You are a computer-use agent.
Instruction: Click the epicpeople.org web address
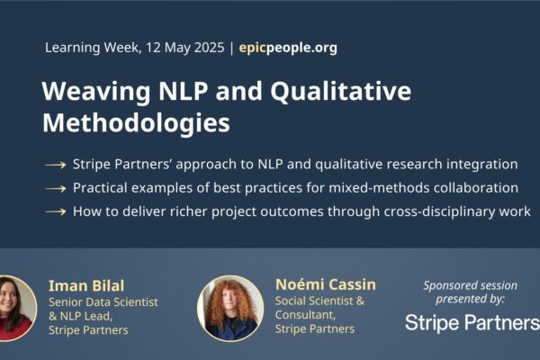click(288, 48)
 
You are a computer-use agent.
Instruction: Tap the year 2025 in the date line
click(209, 47)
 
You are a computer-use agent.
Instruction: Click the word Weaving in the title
click(96, 91)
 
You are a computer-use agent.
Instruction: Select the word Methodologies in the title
click(136, 123)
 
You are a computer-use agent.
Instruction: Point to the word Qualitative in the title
click(340, 91)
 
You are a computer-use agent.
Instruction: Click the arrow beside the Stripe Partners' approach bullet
click(55, 165)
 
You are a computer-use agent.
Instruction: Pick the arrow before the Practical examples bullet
click(55, 188)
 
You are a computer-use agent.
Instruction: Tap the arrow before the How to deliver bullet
click(55, 211)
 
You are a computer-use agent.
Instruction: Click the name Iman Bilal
click(86, 286)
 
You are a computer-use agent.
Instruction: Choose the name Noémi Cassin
click(326, 284)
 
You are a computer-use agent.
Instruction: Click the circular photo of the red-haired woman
click(230, 308)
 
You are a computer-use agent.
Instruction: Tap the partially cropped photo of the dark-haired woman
click(16, 309)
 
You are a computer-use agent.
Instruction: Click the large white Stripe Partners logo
click(472, 323)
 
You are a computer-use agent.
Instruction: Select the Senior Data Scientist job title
click(103, 302)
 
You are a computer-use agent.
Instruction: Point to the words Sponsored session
click(470, 285)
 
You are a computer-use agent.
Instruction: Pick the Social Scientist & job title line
click(319, 301)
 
